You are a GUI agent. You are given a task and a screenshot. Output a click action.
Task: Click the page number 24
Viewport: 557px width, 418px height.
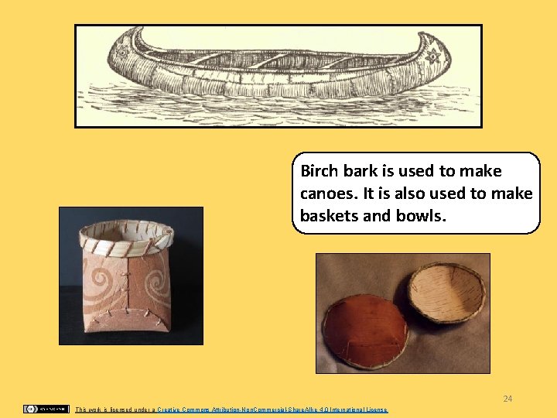point(507,399)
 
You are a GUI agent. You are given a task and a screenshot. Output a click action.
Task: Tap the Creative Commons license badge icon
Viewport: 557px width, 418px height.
point(46,409)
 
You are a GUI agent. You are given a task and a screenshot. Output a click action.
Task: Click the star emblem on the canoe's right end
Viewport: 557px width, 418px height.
point(433,56)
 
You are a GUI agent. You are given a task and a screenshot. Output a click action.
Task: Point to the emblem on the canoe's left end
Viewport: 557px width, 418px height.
point(121,52)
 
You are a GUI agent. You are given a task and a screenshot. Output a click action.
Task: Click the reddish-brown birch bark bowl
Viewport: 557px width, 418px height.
point(365,331)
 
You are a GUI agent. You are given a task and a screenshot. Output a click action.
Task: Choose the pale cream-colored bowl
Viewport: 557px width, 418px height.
point(446,291)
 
